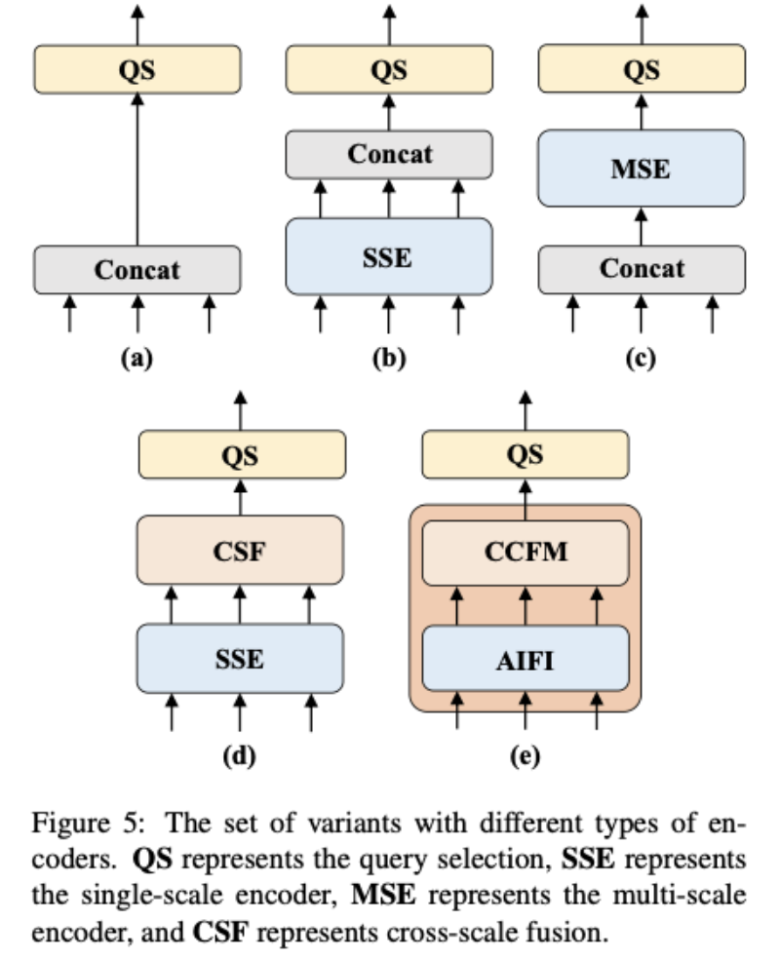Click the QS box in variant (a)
pos(137,69)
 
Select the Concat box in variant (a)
pos(137,270)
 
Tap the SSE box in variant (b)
pos(389,257)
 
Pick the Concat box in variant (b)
pos(389,154)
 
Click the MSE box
pos(642,169)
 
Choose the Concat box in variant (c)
pos(642,269)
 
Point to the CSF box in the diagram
pos(240,551)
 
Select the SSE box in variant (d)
pos(240,659)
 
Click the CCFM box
pos(526,553)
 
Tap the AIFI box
pos(526,659)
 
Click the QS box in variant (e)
pos(526,454)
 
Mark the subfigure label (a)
pos(137,358)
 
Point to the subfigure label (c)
pos(641,358)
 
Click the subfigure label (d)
pos(239,756)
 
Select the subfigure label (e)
pos(525,756)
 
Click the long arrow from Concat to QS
pos(137,170)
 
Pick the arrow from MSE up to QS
pos(642,111)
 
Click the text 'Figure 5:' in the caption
pos(89,823)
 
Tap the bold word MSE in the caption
pos(383,896)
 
